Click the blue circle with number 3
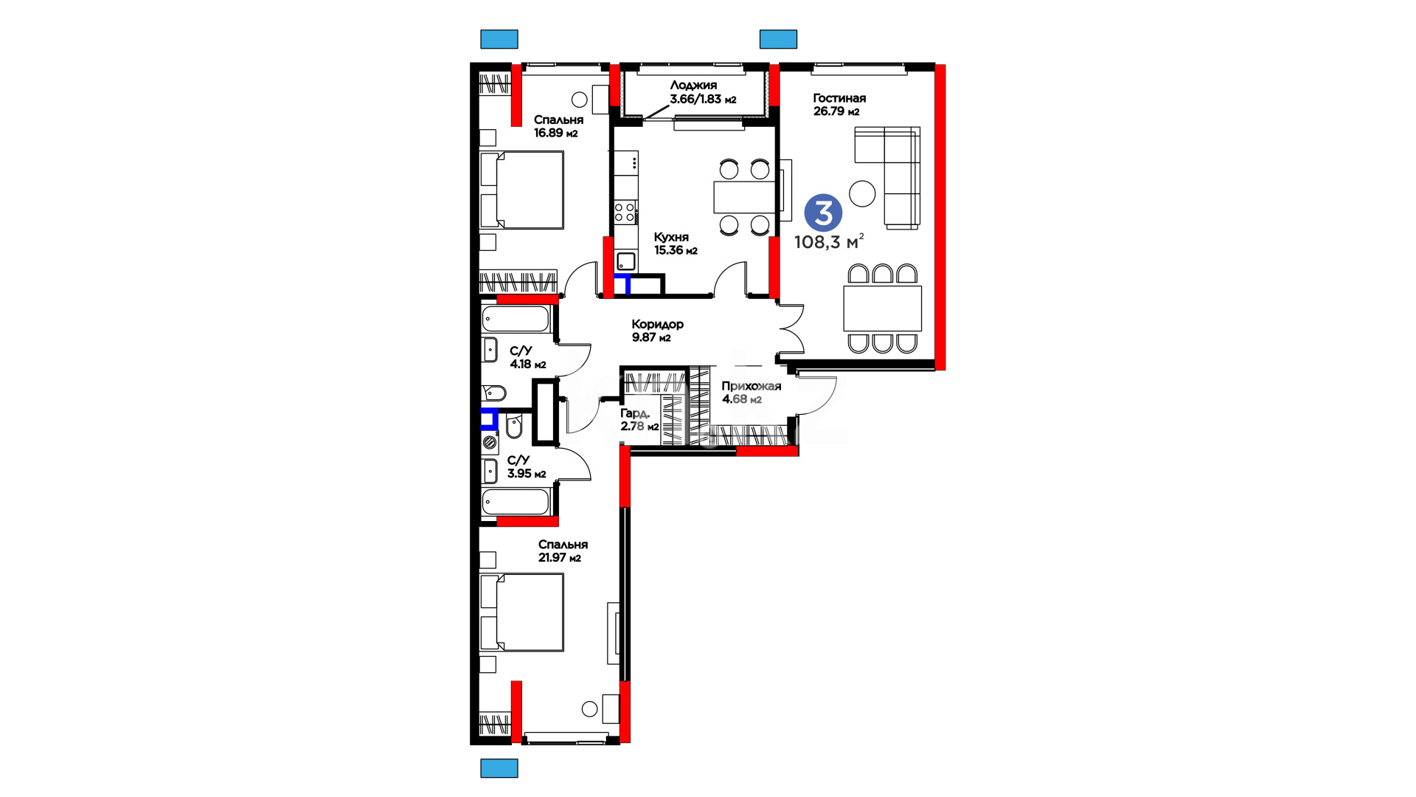tap(823, 213)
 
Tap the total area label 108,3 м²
tap(829, 242)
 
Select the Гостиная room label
tap(839, 98)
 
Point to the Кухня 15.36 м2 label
tap(676, 244)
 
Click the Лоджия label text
tap(693, 86)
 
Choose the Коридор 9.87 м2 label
tap(658, 331)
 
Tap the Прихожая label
tap(751, 386)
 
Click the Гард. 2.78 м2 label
tap(639, 420)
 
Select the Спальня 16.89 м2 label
tap(558, 126)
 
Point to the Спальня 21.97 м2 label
tap(563, 551)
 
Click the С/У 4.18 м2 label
tap(528, 357)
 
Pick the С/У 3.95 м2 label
tap(527, 467)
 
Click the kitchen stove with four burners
tap(625, 213)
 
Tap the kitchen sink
tap(626, 261)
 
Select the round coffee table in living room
tap(862, 193)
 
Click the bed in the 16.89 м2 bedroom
tap(521, 190)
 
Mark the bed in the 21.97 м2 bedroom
tap(521, 613)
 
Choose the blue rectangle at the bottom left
tap(499, 768)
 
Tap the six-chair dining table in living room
tap(883, 308)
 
